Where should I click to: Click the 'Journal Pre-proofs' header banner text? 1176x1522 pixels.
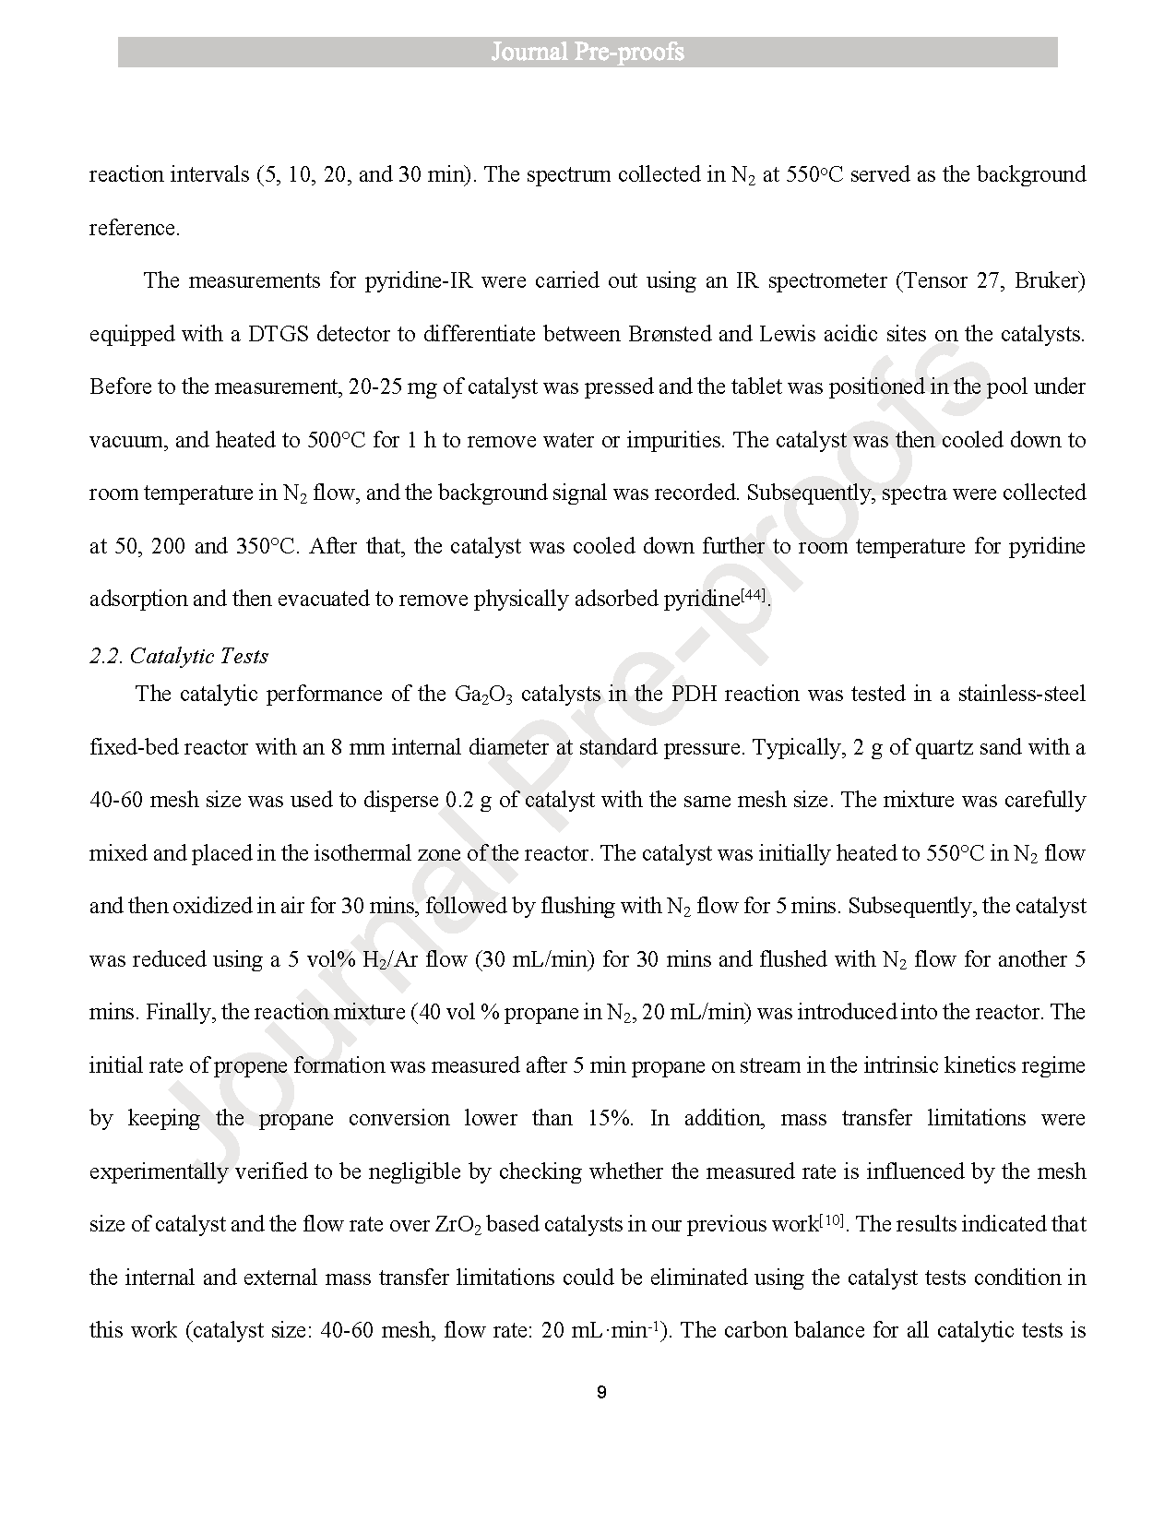coord(588,52)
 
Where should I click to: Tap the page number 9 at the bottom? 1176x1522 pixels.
coord(601,1392)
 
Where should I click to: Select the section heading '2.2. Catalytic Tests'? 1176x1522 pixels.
coord(179,656)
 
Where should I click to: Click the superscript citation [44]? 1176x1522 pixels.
coord(754,595)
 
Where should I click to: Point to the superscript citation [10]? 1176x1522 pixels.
coord(833,1221)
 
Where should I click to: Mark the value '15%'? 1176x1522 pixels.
coord(610,1118)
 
